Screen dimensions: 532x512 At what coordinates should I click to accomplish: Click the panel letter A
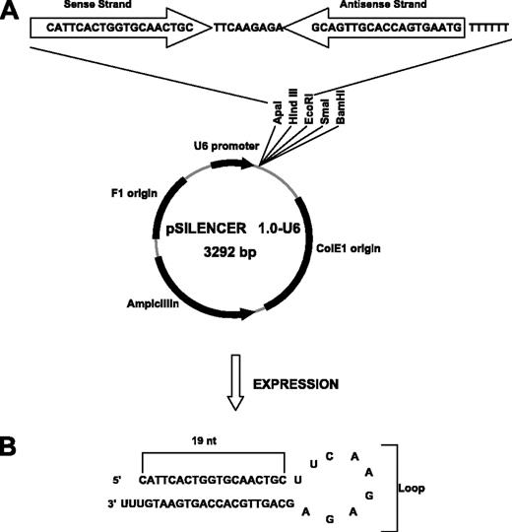click(13, 12)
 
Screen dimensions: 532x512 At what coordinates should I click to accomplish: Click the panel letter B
click(14, 447)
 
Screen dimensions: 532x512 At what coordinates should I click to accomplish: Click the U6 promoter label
click(219, 143)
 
